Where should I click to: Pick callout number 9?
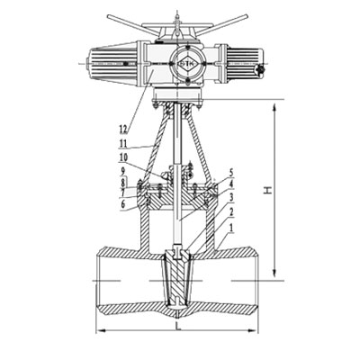tap(122, 172)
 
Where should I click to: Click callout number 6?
tap(122, 203)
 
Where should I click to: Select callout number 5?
tap(231, 173)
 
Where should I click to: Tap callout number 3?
tap(231, 197)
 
